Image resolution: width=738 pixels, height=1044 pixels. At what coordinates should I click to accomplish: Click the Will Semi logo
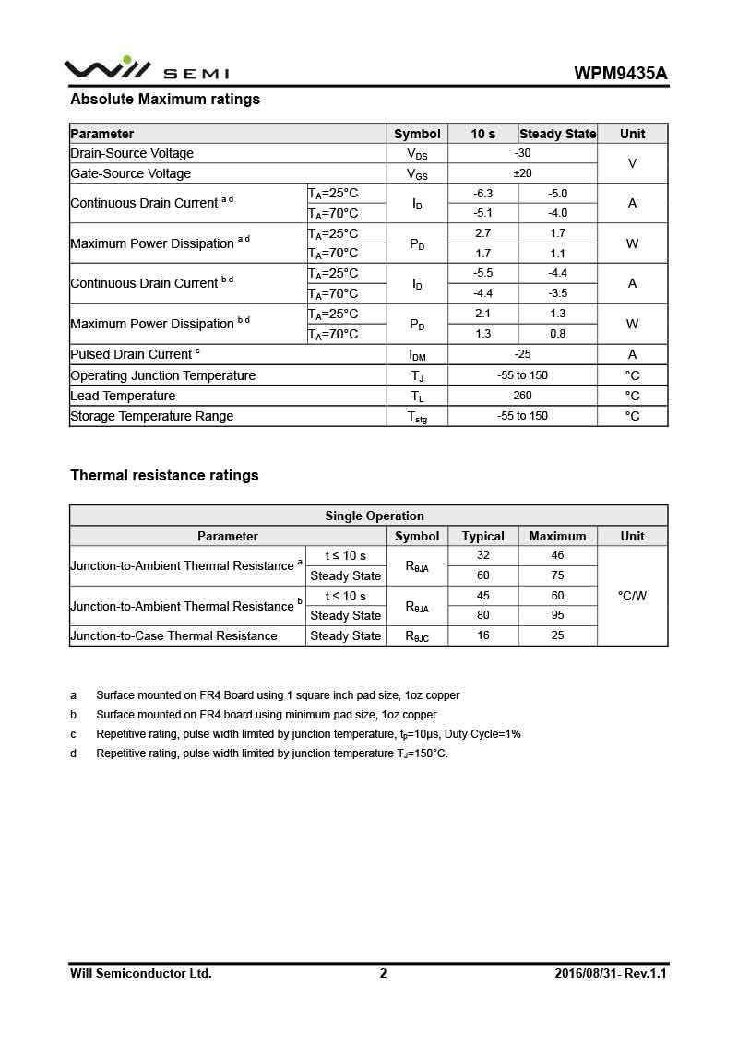pos(146,69)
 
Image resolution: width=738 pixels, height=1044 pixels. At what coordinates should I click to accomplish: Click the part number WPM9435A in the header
pos(621,74)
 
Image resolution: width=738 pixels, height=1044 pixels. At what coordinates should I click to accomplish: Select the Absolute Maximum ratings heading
pos(165,99)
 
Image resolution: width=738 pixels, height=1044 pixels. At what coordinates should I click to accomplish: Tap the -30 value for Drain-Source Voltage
pos(522,153)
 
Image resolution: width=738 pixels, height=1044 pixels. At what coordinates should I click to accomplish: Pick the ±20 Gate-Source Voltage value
pos(522,173)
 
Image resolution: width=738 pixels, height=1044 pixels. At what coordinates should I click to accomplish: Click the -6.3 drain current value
pos(482,194)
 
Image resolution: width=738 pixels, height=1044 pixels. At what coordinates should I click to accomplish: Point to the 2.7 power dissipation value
pos(482,233)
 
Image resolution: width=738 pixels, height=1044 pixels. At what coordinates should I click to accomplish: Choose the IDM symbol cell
pos(417,355)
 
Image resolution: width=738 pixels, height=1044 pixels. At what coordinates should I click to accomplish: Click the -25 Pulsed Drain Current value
pos(522,354)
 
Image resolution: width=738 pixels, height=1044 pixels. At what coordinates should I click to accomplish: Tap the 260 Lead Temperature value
pos(522,396)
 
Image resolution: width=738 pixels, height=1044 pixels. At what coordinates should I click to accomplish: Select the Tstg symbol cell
pos(417,417)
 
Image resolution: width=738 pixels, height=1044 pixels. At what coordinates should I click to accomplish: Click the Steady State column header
pos(557,134)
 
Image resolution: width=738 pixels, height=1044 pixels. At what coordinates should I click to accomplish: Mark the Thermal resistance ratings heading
pos(164,475)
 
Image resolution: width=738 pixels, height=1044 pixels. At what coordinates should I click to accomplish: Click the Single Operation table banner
pos(374,516)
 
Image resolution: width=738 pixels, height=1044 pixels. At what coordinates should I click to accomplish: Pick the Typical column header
pos(482,536)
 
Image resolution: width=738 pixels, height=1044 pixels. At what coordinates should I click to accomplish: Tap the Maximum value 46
pos(557,555)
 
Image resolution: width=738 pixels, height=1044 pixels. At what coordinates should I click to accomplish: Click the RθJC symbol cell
pos(417,636)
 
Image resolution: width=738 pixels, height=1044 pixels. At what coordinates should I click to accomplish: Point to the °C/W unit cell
pos(632,596)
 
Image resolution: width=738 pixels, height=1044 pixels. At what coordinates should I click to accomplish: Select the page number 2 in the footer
pos(383,973)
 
